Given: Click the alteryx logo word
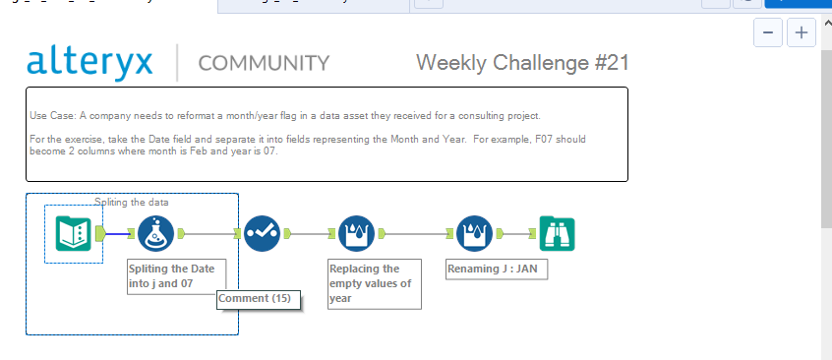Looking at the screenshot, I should (90, 62).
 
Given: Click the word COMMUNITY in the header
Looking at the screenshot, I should (264, 64).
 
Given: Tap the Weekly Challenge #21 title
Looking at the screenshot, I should (522, 63).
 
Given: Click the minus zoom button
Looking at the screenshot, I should (767, 32).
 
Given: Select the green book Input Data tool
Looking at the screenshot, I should (74, 234).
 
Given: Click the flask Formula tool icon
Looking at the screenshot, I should (155, 234).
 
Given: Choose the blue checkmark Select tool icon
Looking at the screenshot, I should (262, 234).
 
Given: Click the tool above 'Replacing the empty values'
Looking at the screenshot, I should (356, 234).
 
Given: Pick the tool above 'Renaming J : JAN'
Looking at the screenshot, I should (474, 234).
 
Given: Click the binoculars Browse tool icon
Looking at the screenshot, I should (558, 234).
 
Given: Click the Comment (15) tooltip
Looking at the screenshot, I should (258, 298).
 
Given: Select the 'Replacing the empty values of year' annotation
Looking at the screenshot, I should (374, 283).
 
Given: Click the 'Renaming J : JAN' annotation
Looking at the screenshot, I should (496, 269).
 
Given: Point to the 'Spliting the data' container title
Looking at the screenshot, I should (132, 203).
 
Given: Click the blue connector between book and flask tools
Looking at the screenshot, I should (118, 234).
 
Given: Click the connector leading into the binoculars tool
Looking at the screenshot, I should (519, 234).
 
